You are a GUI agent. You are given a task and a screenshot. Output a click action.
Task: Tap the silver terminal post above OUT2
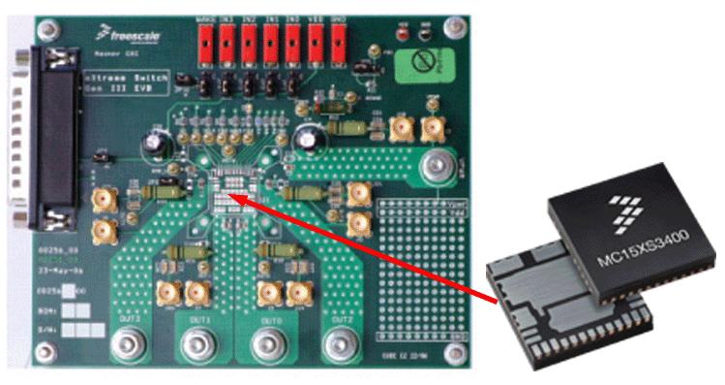point(339,341)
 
